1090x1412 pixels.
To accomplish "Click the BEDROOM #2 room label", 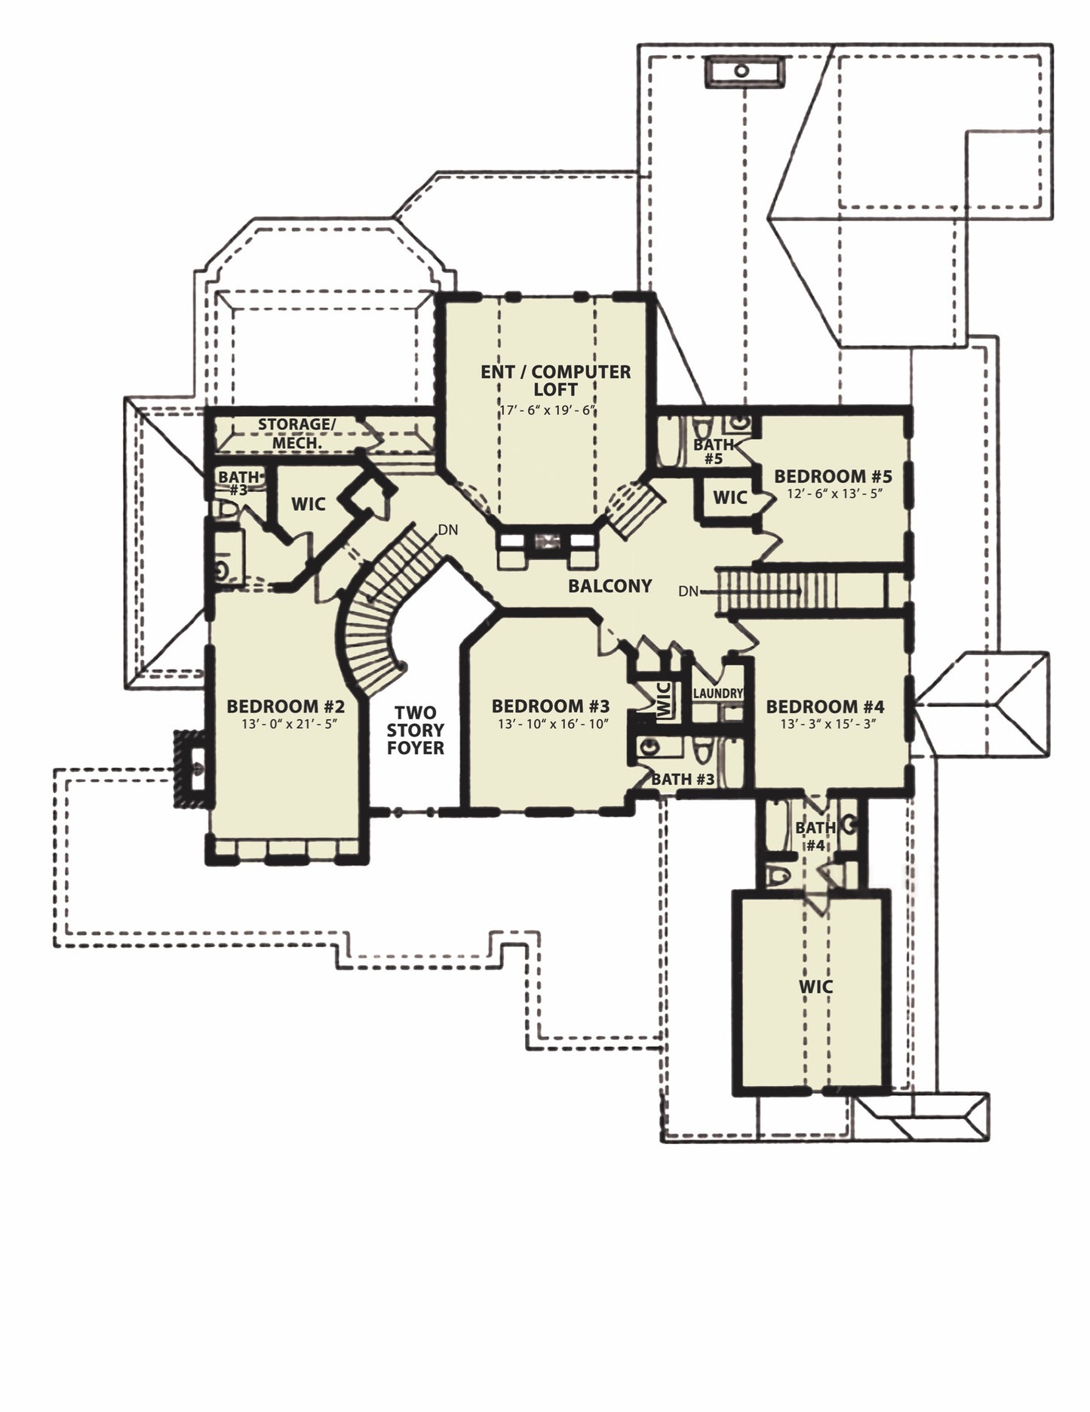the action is pyautogui.click(x=286, y=707).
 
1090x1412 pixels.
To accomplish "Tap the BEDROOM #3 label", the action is pyautogui.click(x=551, y=707).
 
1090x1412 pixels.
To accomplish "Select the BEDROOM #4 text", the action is pyautogui.click(x=825, y=707).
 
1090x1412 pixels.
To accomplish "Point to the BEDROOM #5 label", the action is pyautogui.click(x=834, y=476).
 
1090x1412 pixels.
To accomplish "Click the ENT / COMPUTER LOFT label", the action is pyautogui.click(x=556, y=380).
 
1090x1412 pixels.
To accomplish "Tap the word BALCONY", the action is pyautogui.click(x=610, y=586).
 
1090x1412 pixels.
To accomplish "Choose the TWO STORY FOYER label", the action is pyautogui.click(x=416, y=730).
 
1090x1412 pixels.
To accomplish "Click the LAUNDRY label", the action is pyautogui.click(x=717, y=693).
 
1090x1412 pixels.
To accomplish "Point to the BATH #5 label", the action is pyautogui.click(x=714, y=451).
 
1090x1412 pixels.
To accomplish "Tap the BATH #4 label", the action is pyautogui.click(x=815, y=837).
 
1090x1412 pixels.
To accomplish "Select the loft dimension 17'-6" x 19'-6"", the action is pyautogui.click(x=549, y=411).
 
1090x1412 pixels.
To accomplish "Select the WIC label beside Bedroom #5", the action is pyautogui.click(x=730, y=497).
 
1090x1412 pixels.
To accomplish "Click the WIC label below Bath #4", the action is pyautogui.click(x=816, y=986).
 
